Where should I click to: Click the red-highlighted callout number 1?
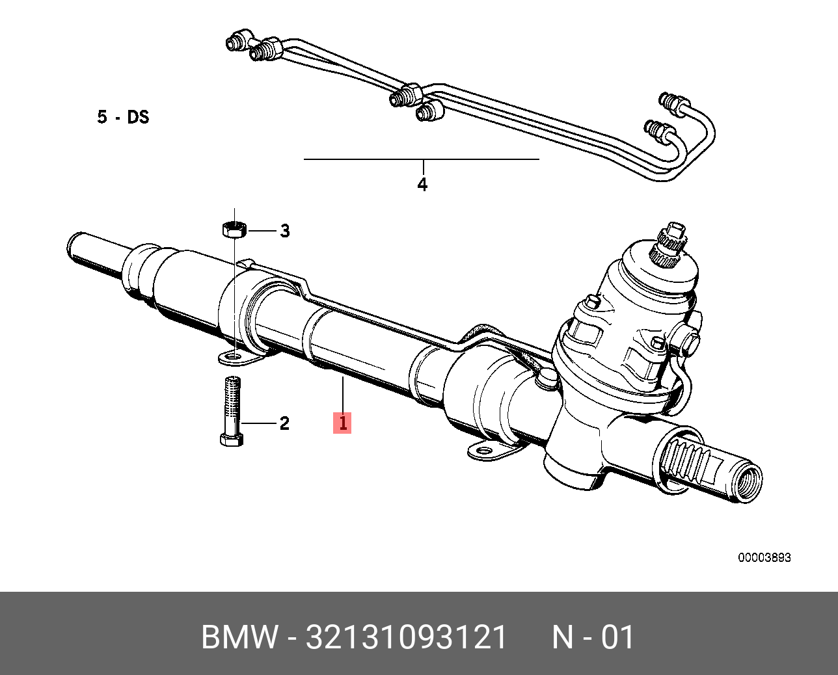[x=342, y=423]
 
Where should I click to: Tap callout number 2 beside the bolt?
[x=284, y=423]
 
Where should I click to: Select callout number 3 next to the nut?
[x=284, y=231]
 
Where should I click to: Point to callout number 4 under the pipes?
[x=422, y=185]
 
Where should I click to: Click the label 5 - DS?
[x=123, y=117]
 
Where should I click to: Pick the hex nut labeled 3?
[x=233, y=230]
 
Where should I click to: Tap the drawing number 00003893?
[x=764, y=558]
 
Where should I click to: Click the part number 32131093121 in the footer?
[x=406, y=637]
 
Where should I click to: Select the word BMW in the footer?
[x=239, y=637]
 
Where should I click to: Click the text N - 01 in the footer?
[x=593, y=637]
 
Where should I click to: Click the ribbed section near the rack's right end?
[x=690, y=461]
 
